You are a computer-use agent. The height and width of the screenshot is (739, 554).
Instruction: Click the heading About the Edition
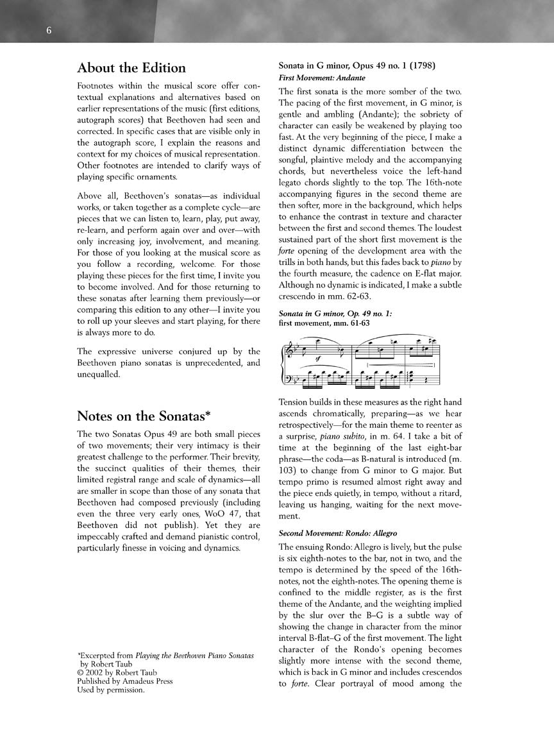131,68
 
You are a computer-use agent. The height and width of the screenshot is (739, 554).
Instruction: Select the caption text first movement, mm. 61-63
324,323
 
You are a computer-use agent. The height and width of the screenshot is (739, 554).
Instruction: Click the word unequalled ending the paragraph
99,375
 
